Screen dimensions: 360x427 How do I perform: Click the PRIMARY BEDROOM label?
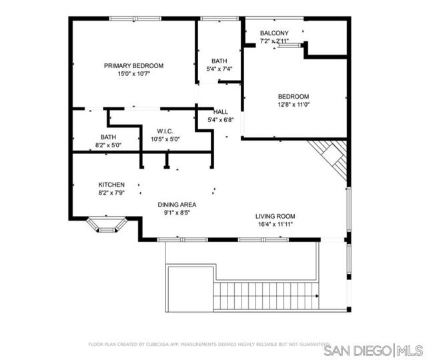[x=133, y=65]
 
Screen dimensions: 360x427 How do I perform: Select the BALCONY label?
[x=274, y=33]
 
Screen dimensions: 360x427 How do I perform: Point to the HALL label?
[x=221, y=111]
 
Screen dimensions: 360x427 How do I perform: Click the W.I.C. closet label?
[x=165, y=131]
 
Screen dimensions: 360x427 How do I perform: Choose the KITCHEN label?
[x=111, y=185]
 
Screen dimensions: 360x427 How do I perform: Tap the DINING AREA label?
[x=177, y=205]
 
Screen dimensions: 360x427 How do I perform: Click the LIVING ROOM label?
[x=275, y=216]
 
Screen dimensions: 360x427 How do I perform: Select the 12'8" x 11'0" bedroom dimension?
[x=294, y=104]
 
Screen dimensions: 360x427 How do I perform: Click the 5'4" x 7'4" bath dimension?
[x=220, y=69]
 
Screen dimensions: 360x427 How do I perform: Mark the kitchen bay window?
[x=107, y=224]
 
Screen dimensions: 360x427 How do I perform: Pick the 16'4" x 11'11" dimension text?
[x=275, y=224]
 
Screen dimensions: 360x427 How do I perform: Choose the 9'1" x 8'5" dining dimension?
[x=177, y=213]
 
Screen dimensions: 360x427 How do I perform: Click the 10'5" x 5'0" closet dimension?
[x=165, y=139]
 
